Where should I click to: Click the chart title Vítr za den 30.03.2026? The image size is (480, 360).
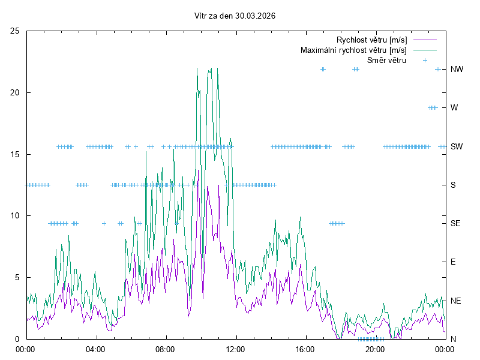(x=235, y=16)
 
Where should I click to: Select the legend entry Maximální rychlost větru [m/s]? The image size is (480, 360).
(x=354, y=50)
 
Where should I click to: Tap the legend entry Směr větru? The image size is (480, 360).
(x=386, y=60)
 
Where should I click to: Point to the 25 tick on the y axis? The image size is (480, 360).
(x=15, y=31)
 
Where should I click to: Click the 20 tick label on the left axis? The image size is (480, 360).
(x=15, y=92)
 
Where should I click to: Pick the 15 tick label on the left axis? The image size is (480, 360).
(x=15, y=154)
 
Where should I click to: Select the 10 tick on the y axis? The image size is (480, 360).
(x=15, y=215)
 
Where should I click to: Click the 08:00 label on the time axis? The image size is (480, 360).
(x=165, y=349)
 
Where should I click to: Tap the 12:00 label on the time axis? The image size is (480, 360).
(x=235, y=349)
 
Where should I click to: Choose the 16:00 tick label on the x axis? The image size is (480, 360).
(x=305, y=349)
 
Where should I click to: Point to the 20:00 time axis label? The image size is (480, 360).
(x=375, y=349)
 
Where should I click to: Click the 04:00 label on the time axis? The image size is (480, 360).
(x=95, y=349)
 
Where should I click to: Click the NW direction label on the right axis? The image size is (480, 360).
(x=457, y=69)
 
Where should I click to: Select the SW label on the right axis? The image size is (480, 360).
(x=456, y=146)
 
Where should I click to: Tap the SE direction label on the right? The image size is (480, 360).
(x=455, y=223)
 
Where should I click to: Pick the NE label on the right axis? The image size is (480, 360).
(x=455, y=301)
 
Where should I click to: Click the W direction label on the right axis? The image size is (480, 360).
(x=454, y=108)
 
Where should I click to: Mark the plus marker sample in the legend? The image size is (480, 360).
(x=424, y=60)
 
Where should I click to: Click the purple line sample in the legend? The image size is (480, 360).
(x=424, y=40)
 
